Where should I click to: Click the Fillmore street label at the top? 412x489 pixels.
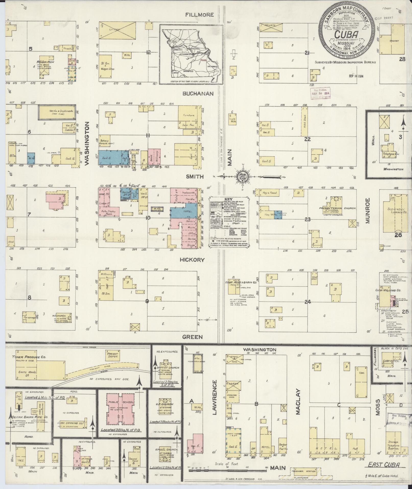click(200, 15)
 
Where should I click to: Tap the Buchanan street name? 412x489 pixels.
click(198, 94)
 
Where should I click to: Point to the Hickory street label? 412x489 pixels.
click(192, 260)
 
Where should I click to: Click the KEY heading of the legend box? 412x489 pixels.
click(229, 199)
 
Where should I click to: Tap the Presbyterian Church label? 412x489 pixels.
click(337, 208)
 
